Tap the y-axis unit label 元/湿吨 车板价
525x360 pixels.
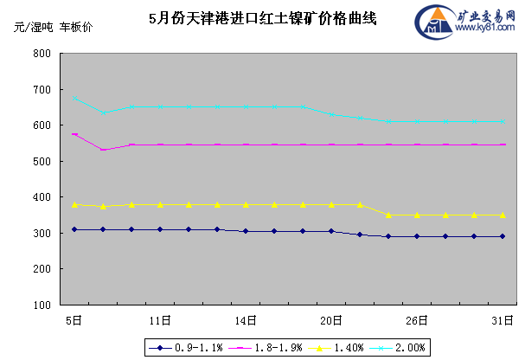tap(51, 27)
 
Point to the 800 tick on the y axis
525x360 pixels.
tap(42, 54)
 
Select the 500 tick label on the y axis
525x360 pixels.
tap(42, 162)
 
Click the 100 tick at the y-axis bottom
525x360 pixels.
tap(42, 305)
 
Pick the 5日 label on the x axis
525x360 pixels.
tap(75, 320)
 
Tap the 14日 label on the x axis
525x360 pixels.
tap(246, 320)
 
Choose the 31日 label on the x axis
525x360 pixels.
tap(503, 320)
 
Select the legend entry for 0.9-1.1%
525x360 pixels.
tap(187, 347)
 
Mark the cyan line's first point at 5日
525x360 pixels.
tap(75, 99)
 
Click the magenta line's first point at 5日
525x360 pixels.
tap(75, 134)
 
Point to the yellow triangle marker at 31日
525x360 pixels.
tap(503, 215)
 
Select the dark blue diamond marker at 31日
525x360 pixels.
tap(503, 236)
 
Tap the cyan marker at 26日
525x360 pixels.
tap(417, 121)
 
